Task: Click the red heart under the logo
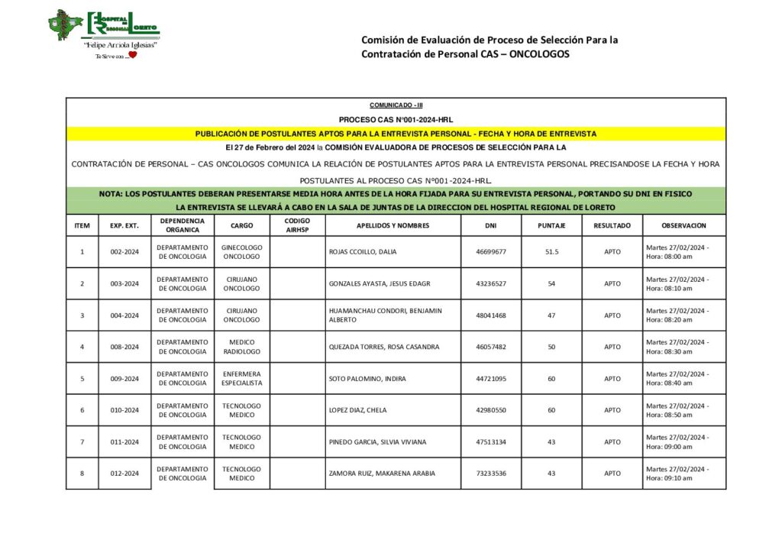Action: (131, 56)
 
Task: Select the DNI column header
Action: (490, 225)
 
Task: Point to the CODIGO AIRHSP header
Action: (297, 225)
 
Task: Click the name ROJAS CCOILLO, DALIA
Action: (363, 251)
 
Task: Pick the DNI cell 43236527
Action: (490, 283)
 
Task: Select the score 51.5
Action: (551, 251)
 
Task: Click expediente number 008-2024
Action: (124, 347)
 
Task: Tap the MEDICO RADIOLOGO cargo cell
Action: (241, 347)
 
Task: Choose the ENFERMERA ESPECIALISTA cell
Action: (241, 378)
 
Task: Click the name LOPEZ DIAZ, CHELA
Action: (357, 410)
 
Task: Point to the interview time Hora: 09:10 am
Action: (669, 478)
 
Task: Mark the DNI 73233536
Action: (490, 474)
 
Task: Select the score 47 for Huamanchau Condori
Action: (551, 315)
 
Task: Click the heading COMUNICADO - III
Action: (396, 105)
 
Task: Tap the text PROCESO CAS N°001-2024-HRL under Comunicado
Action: (396, 120)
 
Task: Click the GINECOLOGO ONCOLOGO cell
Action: (241, 251)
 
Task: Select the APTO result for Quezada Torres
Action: (612, 347)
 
